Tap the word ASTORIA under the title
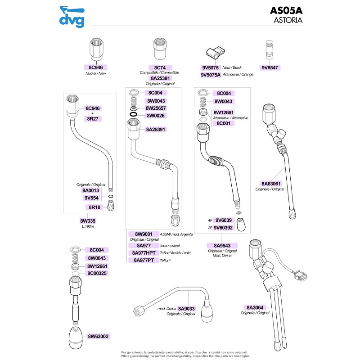(288, 21)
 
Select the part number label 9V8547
(270, 68)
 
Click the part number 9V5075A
(211, 75)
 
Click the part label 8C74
(160, 68)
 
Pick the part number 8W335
(88, 221)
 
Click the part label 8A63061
(271, 184)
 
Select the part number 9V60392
(224, 228)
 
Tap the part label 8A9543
(219, 245)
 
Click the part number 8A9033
(187, 308)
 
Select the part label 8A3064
(255, 307)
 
